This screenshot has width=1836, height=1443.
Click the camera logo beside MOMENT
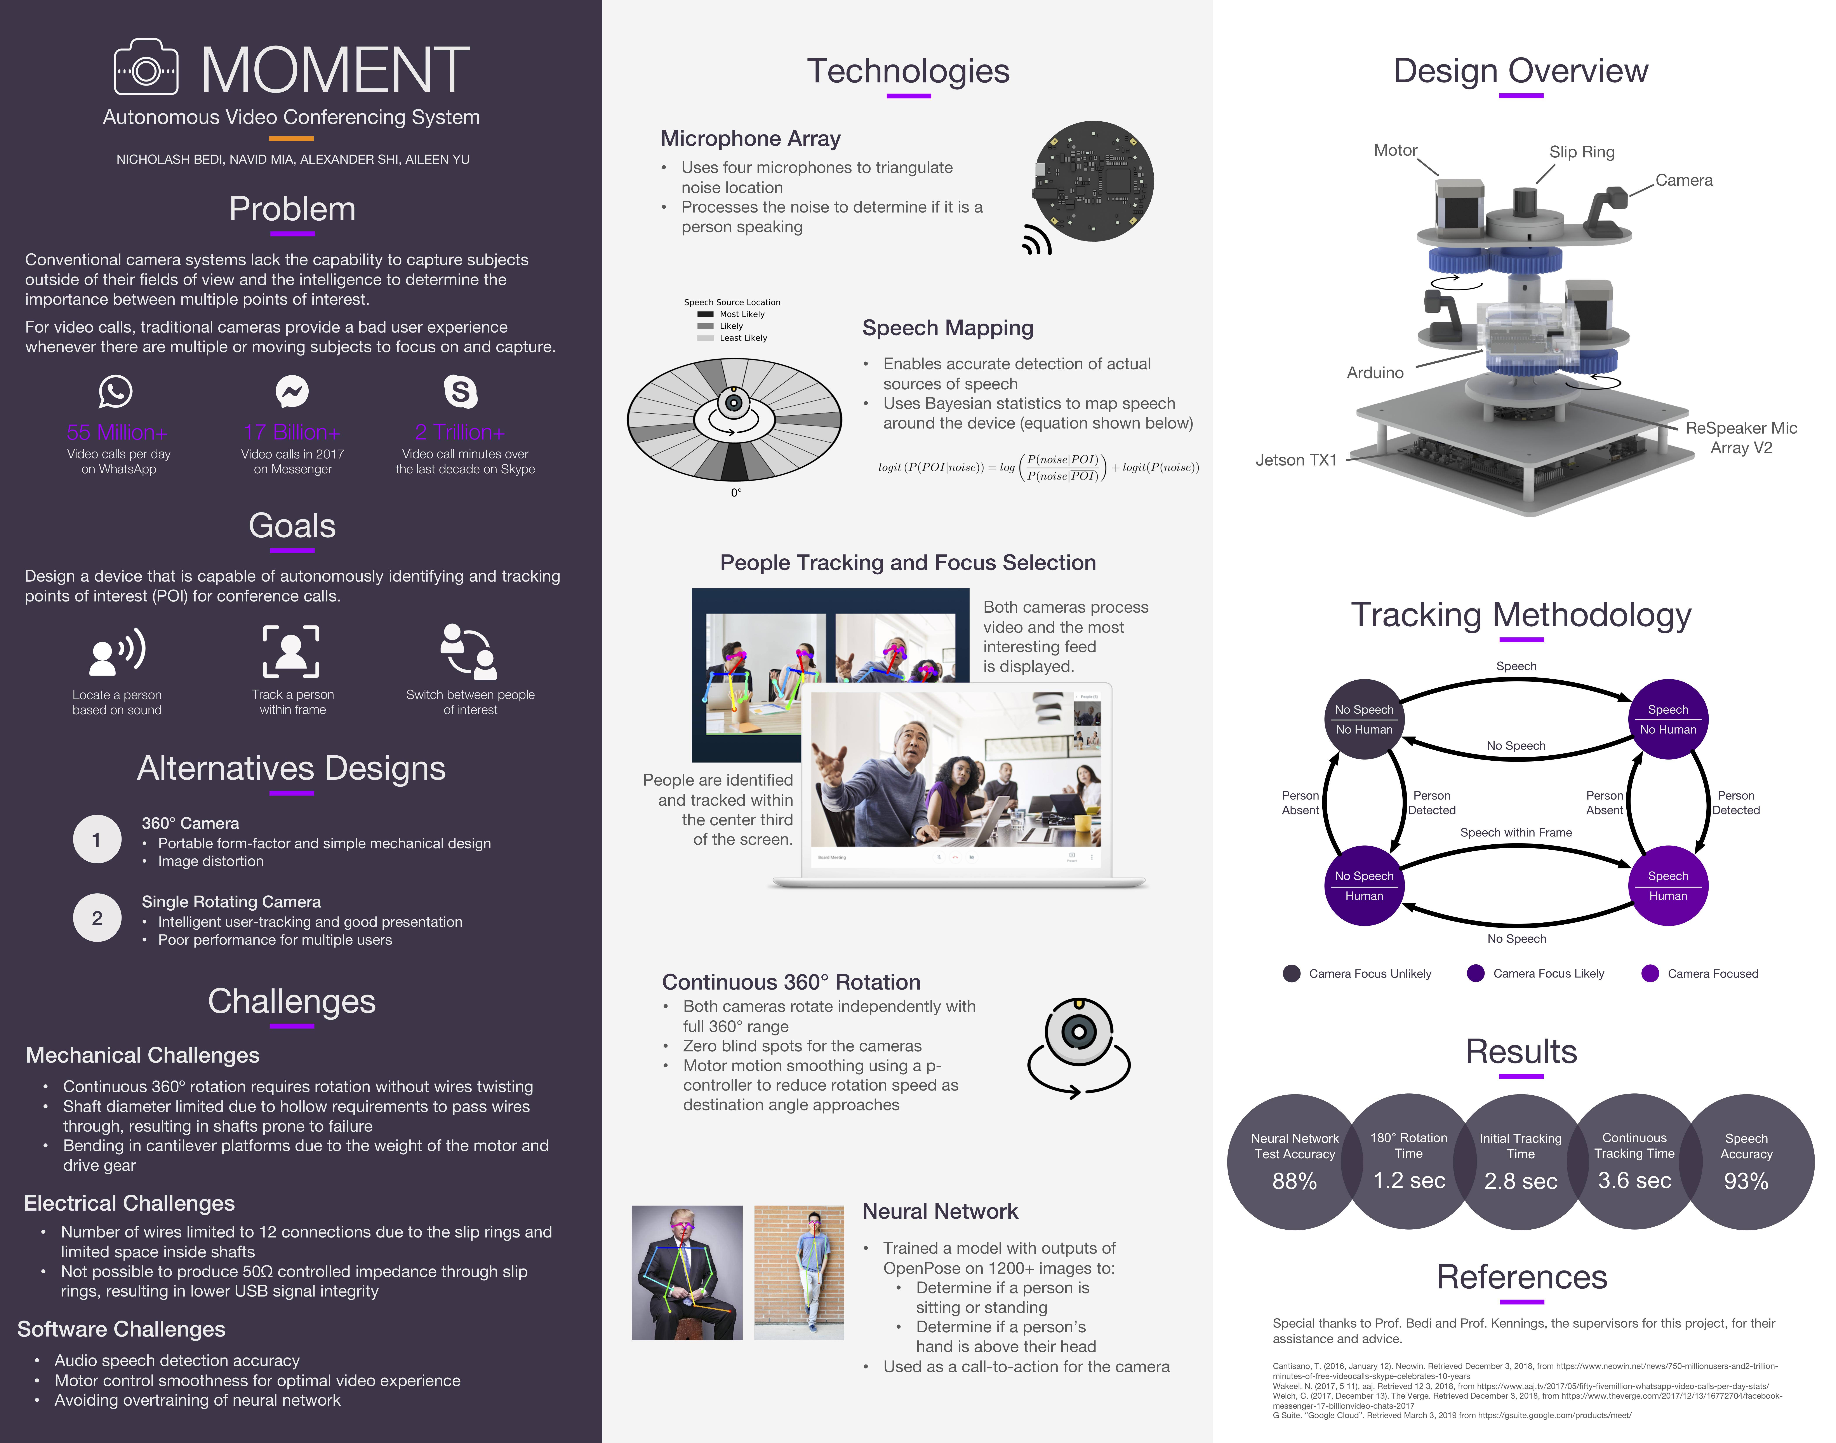coord(146,68)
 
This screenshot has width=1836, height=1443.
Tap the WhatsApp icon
coord(116,391)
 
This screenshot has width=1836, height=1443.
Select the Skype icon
coord(460,391)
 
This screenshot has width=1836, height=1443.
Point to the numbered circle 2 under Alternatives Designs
coord(97,917)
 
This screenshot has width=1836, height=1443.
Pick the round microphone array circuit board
coord(1094,182)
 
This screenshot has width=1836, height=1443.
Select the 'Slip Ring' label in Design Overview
coord(1581,152)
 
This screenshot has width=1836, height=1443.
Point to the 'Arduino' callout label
coord(1375,373)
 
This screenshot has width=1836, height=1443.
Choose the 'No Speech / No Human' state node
coord(1364,719)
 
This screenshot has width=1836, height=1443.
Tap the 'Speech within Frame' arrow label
coord(1516,832)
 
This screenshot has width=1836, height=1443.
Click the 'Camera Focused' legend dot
coord(1649,973)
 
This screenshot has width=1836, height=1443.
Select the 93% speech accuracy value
coord(1746,1181)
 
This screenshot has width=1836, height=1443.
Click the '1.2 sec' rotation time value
coord(1409,1180)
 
